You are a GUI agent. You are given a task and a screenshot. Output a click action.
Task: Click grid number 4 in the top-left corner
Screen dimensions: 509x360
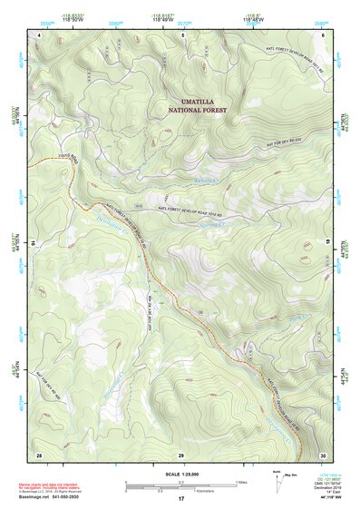[x=39, y=34]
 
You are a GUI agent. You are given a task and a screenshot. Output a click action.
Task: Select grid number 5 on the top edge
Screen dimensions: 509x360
[x=182, y=34]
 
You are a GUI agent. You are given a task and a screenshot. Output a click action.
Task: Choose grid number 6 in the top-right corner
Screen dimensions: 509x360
[x=323, y=34]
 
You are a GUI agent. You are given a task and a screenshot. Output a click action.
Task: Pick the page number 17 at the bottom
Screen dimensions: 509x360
[x=180, y=500]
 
